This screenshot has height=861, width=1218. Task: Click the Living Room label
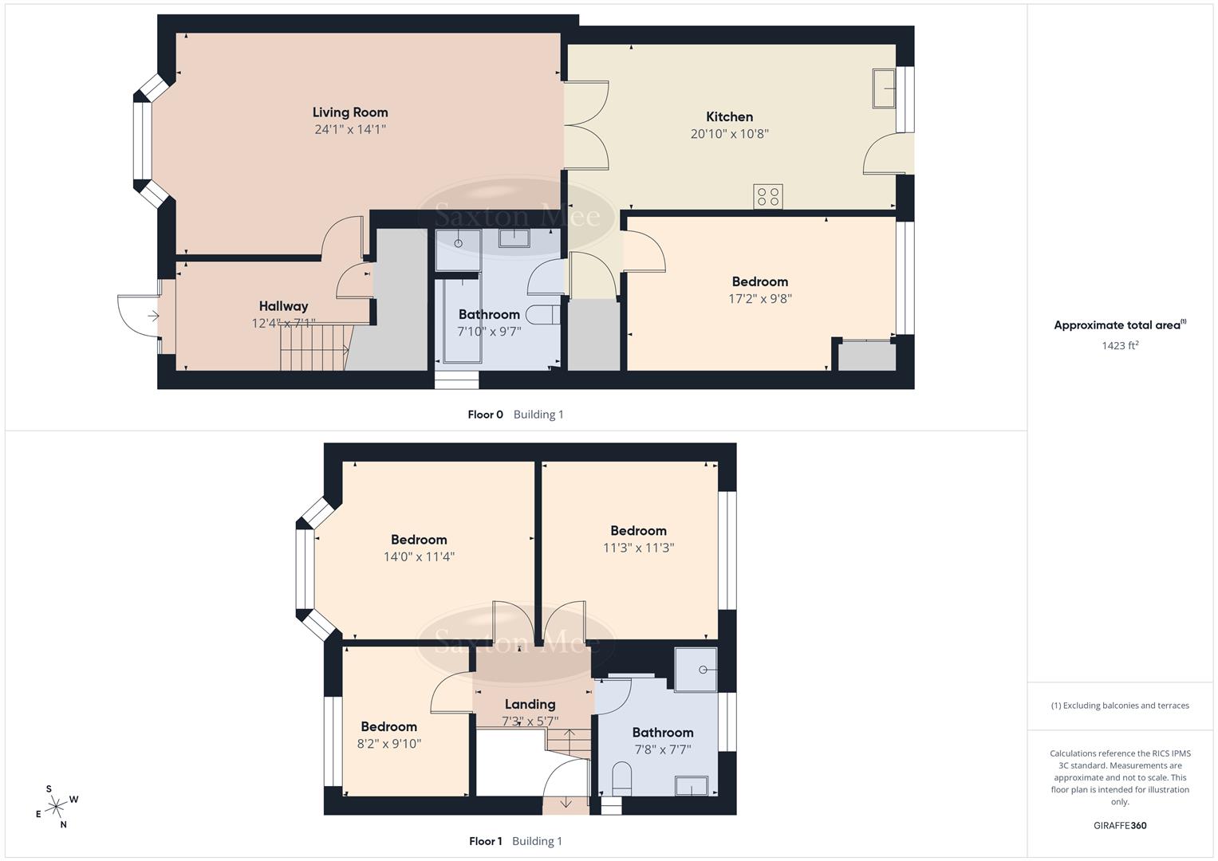tap(350, 112)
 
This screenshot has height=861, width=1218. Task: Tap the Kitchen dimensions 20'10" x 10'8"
tap(729, 134)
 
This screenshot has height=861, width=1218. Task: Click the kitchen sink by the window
tap(884, 88)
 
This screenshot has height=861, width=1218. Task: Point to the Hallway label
tap(283, 306)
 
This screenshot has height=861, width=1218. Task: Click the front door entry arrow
tap(152, 316)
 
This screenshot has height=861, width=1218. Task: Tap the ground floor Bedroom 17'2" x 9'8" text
tap(760, 299)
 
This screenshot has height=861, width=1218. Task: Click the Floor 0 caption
tap(485, 415)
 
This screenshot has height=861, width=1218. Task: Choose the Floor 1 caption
tap(485, 841)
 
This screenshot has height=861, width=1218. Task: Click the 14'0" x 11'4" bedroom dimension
tap(419, 557)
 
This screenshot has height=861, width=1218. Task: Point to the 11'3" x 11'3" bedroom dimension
tap(638, 548)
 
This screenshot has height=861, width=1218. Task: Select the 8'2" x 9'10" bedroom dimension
tap(388, 744)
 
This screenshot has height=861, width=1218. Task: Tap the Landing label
tap(530, 704)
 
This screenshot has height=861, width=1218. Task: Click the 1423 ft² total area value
tap(1120, 345)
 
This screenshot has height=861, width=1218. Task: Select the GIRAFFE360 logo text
tap(1120, 826)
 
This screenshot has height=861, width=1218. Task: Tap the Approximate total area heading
tap(1119, 324)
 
